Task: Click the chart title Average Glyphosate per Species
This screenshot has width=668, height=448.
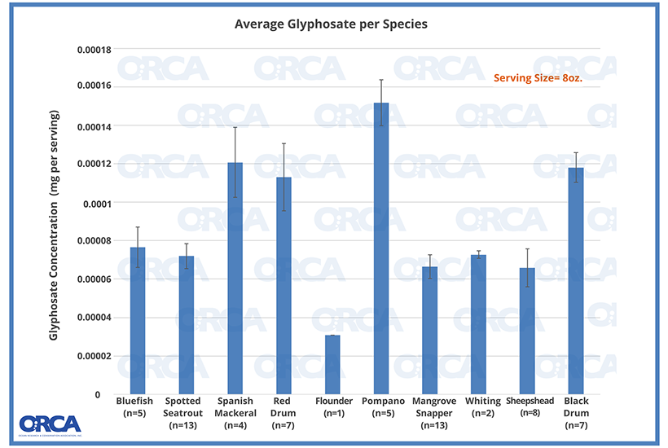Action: tap(331, 24)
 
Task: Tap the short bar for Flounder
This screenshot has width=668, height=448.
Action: tap(333, 364)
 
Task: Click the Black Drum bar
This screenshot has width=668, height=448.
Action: tap(575, 281)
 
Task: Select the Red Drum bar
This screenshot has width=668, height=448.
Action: tap(283, 285)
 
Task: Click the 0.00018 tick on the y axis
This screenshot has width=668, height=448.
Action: tap(94, 49)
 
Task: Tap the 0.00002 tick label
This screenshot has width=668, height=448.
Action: tap(94, 356)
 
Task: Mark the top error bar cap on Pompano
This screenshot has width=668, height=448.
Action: tap(381, 80)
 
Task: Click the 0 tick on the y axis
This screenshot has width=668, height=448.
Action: tap(98, 394)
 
